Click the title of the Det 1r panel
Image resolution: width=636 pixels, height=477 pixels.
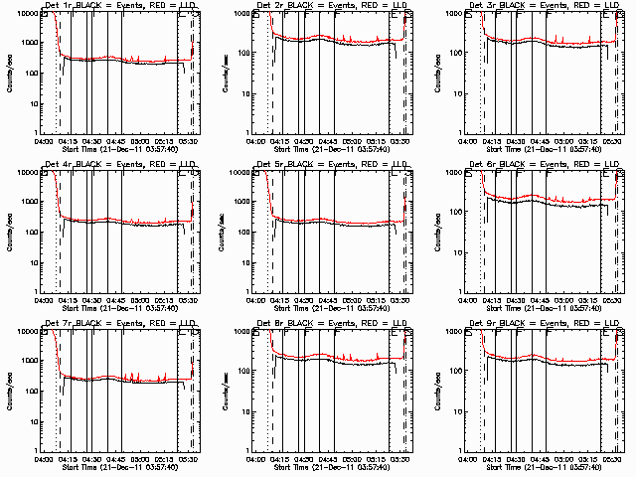coord(119,7)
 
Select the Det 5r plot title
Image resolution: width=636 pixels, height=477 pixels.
coord(331,165)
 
